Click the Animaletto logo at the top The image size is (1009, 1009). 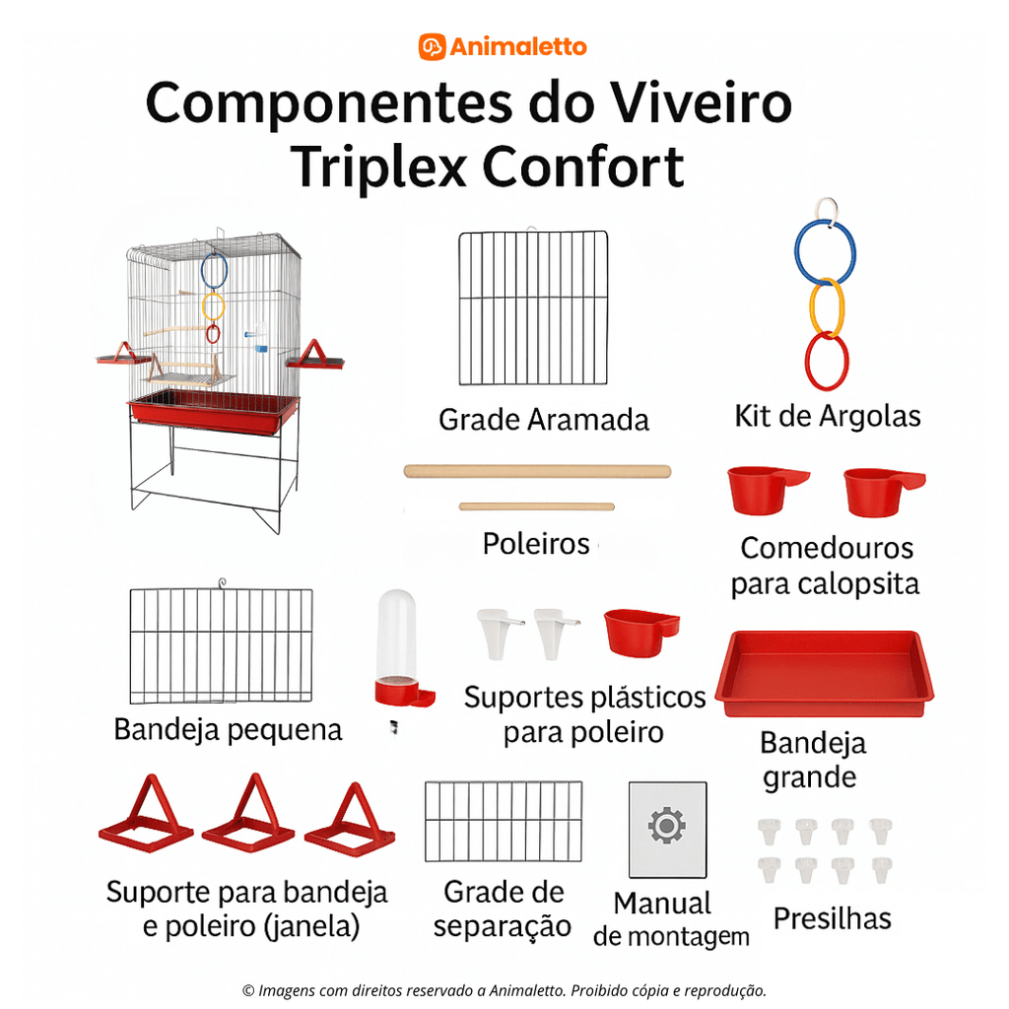pos(503,46)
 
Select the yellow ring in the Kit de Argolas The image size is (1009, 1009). pos(827,307)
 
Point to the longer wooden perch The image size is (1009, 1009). pos(537,471)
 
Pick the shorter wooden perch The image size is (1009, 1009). pos(536,506)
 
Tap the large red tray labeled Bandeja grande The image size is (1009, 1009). pos(824,673)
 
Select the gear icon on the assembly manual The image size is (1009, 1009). pos(667,824)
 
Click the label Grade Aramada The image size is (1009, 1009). pos(543,420)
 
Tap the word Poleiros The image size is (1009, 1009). pos(536,543)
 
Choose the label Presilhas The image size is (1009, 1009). pos(832,918)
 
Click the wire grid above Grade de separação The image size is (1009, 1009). pos(503,821)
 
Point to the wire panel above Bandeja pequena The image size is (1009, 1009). pos(221,645)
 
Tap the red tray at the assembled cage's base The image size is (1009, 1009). pos(212,409)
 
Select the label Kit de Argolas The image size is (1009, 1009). pos(828,416)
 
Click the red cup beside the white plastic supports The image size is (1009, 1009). pos(642,631)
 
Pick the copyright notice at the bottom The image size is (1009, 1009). pos(504,990)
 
